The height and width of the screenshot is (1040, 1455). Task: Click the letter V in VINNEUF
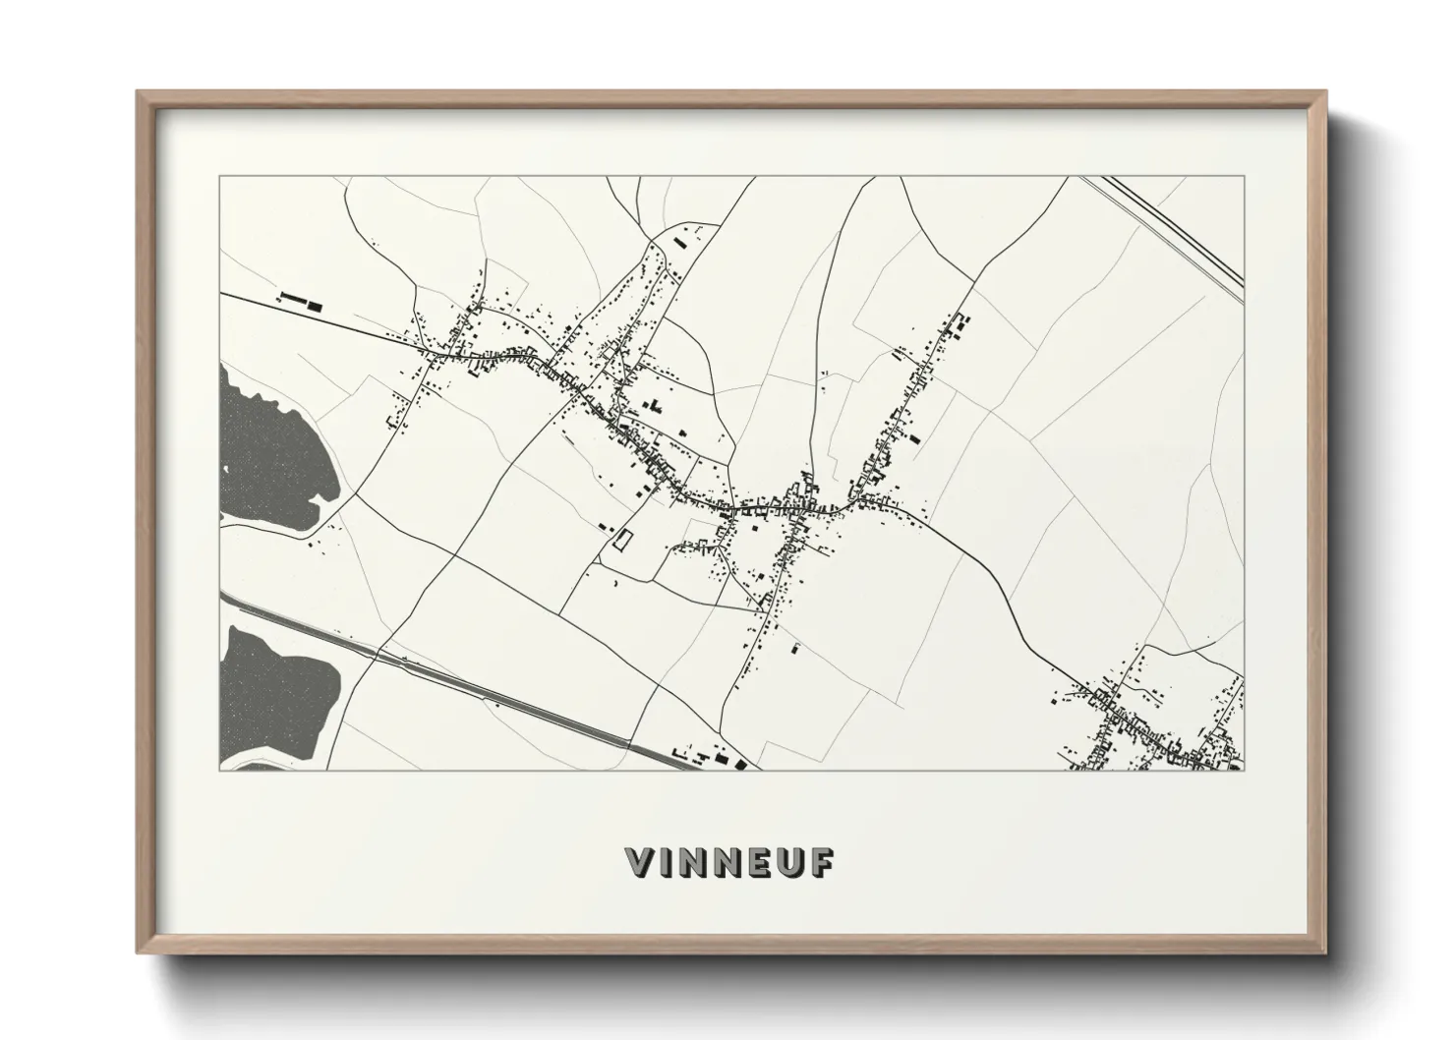pos(640,862)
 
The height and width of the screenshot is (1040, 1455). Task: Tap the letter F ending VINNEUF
pos(822,862)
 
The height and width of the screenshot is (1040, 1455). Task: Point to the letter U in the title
pos(790,862)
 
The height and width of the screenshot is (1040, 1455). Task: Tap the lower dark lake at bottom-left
pos(275,688)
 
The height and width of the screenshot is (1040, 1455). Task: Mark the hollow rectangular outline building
pos(621,540)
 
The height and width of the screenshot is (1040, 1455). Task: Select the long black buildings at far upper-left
pos(299,300)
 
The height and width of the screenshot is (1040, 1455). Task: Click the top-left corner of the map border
pos(219,177)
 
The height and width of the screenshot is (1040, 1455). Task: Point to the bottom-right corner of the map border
pos(1244,770)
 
